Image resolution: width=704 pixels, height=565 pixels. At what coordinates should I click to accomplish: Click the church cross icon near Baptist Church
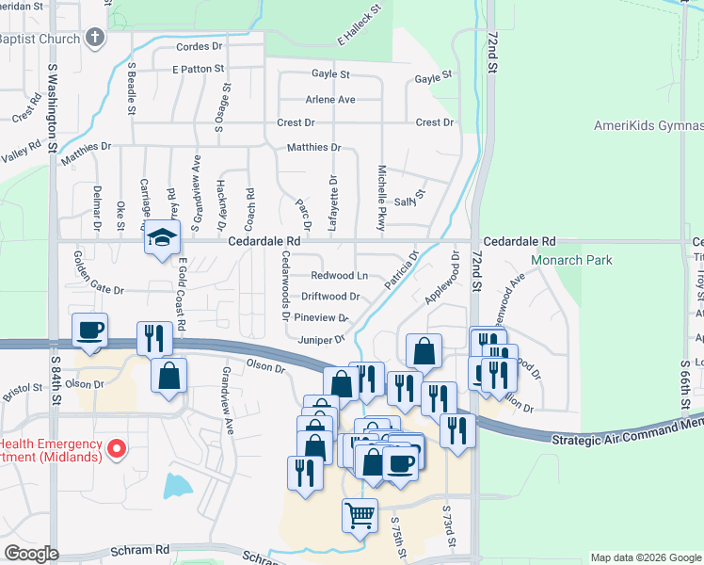coord(93,39)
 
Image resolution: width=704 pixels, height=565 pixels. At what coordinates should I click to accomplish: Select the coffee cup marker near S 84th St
coord(90,331)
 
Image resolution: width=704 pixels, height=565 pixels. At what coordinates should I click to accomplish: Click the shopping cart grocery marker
coord(360,515)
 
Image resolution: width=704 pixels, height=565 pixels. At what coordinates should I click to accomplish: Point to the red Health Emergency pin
coord(117,448)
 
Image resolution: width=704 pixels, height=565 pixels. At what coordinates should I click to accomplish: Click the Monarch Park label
coord(571,260)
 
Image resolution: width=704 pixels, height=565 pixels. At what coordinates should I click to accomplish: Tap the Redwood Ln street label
coord(340,276)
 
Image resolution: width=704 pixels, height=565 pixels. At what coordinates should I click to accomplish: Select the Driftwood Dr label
coord(329,297)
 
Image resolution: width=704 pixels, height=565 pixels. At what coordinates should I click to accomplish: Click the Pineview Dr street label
coord(323,318)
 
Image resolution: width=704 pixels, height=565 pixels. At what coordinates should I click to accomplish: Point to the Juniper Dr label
coord(321,339)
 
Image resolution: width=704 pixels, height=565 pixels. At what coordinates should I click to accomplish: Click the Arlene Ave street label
coord(329,100)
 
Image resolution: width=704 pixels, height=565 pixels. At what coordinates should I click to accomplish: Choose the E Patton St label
coord(198,69)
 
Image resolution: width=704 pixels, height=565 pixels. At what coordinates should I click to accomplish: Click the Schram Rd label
coord(139,549)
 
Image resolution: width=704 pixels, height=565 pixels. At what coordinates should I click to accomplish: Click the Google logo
coord(31,554)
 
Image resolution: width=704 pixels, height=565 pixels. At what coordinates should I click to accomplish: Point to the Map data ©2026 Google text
coord(645,557)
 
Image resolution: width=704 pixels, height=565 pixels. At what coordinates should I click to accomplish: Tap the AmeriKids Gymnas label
coord(648,126)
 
